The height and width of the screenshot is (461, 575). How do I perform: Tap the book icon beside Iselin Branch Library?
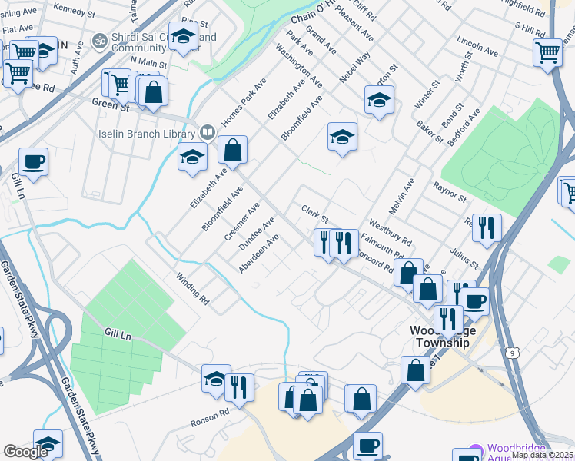coord(207,133)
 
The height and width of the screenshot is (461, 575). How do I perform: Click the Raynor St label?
coord(450,192)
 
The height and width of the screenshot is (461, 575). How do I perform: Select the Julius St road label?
coord(464,256)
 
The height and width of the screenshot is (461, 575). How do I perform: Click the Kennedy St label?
coord(74,11)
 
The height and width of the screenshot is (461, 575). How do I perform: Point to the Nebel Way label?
coord(354,67)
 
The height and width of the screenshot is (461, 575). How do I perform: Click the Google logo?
coord(26,452)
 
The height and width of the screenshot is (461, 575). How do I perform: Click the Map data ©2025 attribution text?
coord(541,455)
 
